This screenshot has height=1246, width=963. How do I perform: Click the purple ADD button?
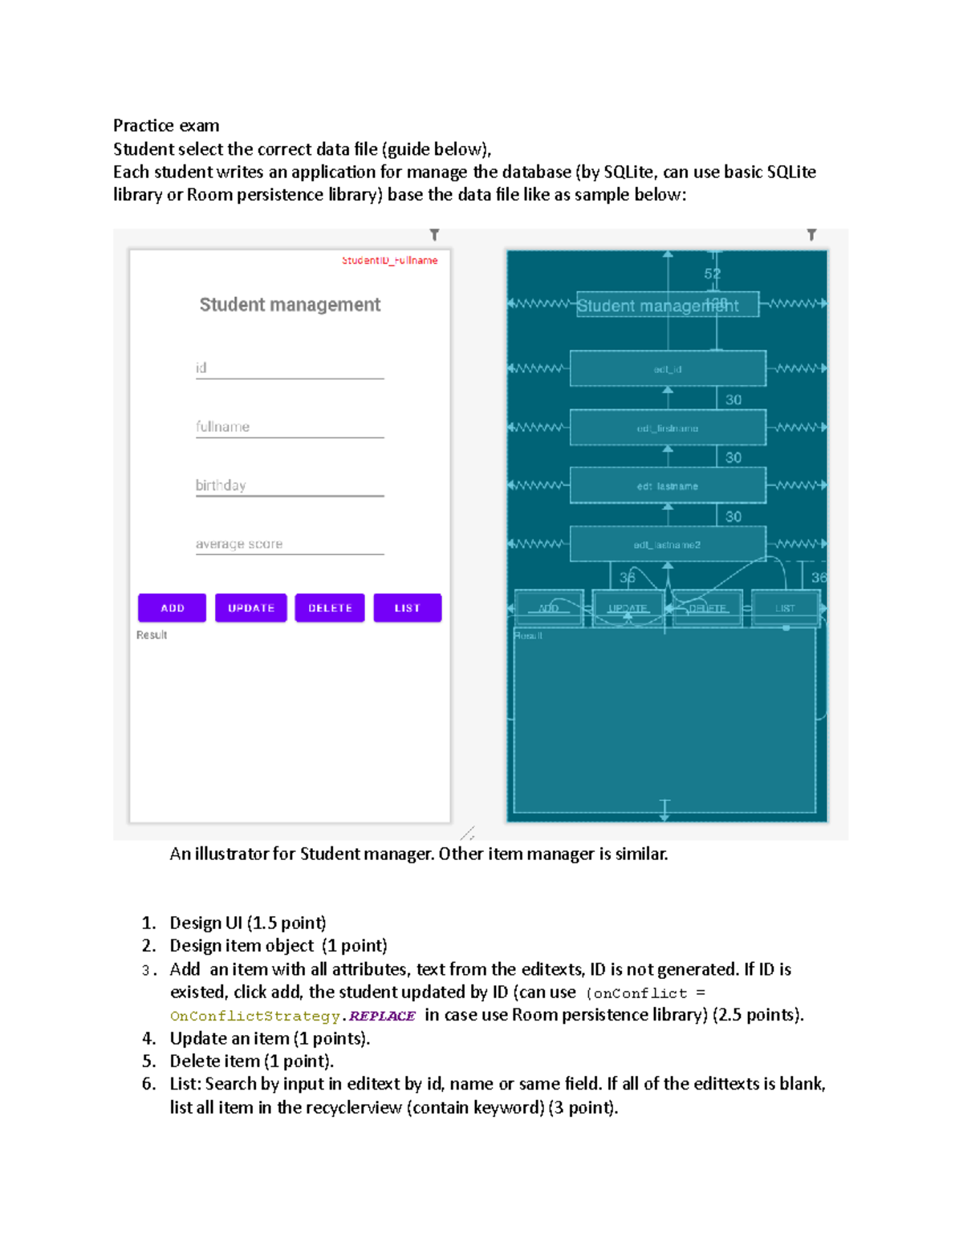tap(172, 608)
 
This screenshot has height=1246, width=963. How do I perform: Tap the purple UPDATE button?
tap(251, 608)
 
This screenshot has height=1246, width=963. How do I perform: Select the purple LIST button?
tap(407, 608)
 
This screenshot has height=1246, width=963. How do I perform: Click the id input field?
tap(290, 368)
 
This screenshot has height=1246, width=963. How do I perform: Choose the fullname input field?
tap(290, 427)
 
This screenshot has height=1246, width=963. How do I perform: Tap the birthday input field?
tap(290, 485)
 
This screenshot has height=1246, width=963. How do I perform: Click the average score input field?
tap(290, 544)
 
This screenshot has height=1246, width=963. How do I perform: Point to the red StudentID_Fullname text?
tap(389, 261)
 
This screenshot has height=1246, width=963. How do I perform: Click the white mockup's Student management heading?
tap(290, 305)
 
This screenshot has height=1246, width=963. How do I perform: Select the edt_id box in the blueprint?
tap(668, 369)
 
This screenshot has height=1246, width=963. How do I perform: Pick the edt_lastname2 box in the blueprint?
tap(668, 545)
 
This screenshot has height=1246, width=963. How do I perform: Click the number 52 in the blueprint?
tap(713, 274)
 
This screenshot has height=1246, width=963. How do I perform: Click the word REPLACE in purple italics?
tap(382, 1016)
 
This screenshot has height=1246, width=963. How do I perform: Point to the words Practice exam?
tap(166, 125)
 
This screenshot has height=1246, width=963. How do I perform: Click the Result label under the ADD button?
tap(152, 635)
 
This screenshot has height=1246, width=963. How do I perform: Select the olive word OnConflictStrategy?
tap(255, 1016)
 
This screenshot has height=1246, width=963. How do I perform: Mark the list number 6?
tap(148, 1084)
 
